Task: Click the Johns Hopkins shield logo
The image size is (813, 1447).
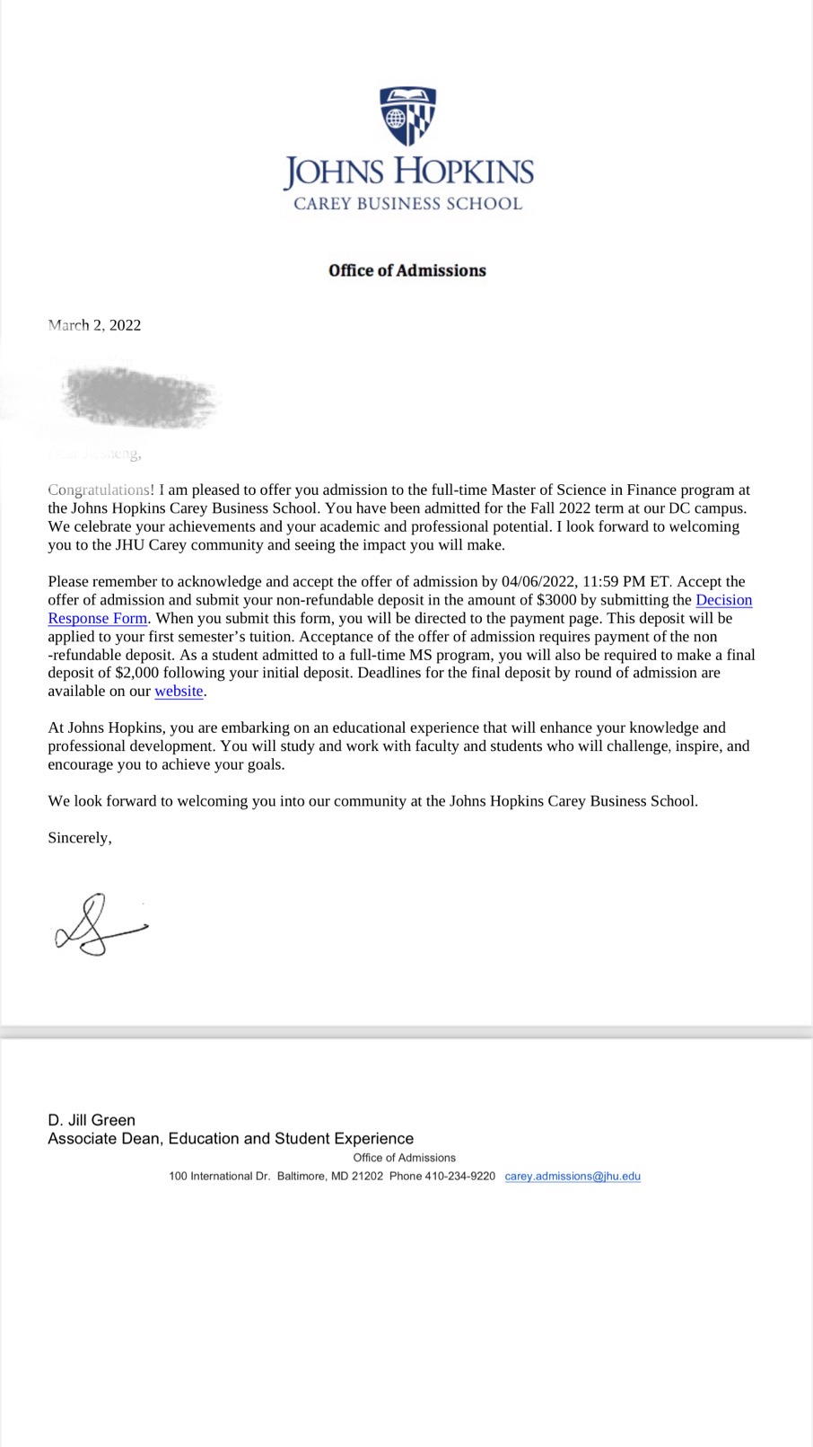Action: [407, 116]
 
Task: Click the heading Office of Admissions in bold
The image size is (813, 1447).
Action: [407, 270]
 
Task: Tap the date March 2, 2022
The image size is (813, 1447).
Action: [94, 325]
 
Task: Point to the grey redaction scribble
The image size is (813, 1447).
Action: [139, 396]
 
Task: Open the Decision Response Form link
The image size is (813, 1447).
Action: [723, 600]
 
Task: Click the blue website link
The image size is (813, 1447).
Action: [179, 692]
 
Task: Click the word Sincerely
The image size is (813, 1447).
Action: [79, 838]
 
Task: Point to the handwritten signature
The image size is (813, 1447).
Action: [99, 925]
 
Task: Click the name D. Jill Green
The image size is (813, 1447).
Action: [92, 1120]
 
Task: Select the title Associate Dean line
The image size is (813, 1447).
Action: [231, 1139]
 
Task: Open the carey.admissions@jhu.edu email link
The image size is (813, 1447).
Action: [573, 1177]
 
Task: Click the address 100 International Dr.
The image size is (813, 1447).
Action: [219, 1177]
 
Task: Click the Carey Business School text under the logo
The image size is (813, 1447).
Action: [407, 204]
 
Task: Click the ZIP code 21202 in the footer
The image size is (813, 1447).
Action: [367, 1177]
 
